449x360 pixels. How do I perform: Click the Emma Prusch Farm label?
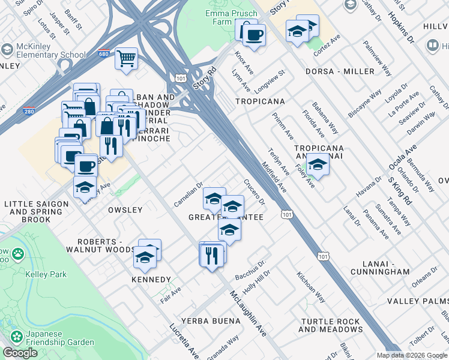click(209, 16)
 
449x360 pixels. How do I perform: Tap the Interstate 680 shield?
click(104, 53)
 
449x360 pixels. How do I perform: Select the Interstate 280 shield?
click(28, 110)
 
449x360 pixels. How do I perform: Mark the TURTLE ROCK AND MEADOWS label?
click(330, 325)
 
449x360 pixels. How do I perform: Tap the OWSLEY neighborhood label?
click(125, 210)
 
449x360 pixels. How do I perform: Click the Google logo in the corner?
click(20, 353)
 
